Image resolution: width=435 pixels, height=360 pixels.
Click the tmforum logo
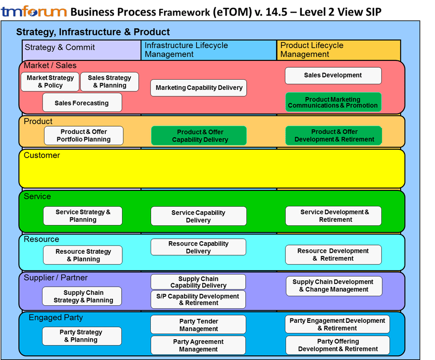[x=34, y=12]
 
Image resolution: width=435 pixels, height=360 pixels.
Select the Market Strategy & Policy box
[x=50, y=82]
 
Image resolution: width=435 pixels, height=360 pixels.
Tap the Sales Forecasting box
[x=82, y=103]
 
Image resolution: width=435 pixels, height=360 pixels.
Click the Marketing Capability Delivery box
[x=198, y=88]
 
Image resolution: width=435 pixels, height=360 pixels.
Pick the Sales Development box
[x=333, y=75]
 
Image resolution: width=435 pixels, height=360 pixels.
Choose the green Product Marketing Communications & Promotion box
[x=333, y=102]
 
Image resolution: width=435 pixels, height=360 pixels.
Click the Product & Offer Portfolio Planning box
[x=84, y=135]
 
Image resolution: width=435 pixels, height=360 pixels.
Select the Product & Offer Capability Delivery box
[x=199, y=136]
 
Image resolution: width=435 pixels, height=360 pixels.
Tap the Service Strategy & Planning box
[x=83, y=216]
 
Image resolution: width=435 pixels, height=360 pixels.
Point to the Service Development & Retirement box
[x=334, y=216]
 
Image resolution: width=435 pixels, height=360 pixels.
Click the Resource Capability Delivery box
[x=198, y=247]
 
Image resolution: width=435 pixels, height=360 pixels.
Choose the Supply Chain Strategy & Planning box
[x=82, y=296]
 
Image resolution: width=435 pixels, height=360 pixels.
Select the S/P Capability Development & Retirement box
[x=198, y=300]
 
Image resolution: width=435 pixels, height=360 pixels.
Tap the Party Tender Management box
[x=198, y=325]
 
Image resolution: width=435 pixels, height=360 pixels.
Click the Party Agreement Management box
[x=198, y=346]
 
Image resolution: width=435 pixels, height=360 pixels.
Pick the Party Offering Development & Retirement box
[x=337, y=346]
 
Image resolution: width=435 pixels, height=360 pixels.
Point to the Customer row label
[x=42, y=155]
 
